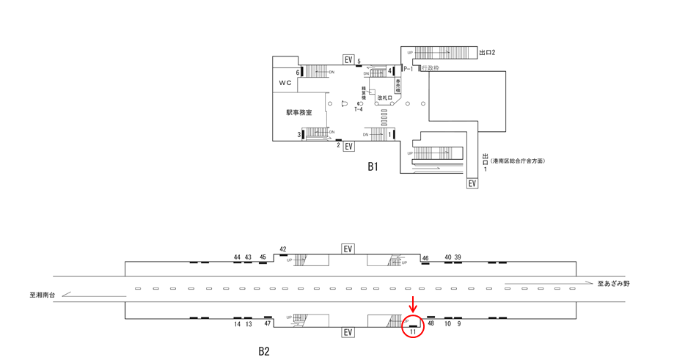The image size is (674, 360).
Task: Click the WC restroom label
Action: [285, 83]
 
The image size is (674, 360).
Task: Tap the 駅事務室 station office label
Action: [299, 113]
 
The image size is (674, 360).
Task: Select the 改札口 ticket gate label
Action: [385, 98]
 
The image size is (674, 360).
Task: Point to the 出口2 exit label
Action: [487, 53]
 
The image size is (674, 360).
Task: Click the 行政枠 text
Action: [431, 68]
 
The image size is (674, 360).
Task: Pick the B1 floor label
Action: [373, 166]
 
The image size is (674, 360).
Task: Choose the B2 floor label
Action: [263, 351]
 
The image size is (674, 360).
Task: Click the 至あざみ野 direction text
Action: [613, 283]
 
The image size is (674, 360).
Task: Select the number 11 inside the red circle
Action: [413, 332]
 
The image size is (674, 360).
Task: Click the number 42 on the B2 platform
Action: [283, 250]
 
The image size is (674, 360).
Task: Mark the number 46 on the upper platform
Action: [425, 258]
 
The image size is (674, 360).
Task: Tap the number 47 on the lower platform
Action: [268, 323]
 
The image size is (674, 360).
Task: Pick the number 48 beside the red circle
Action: [431, 323]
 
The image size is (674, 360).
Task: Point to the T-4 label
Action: [358, 110]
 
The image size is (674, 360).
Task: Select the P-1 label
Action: [408, 68]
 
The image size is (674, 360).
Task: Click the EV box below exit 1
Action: [472, 183]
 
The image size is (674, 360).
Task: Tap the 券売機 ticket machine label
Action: [398, 85]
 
